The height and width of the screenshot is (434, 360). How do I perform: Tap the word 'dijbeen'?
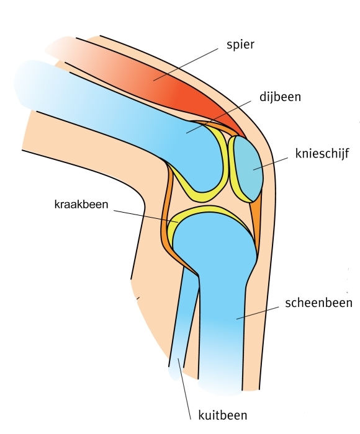click(280, 97)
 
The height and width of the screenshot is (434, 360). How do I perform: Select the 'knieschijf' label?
click(322, 153)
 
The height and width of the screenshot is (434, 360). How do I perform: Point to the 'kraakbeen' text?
click(81, 204)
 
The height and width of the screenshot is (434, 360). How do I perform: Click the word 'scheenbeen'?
click(318, 303)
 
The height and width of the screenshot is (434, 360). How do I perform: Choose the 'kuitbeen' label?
click(223, 415)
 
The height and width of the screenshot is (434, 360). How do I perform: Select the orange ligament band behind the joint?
click(166, 221)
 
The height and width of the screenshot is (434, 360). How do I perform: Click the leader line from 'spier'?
click(186, 64)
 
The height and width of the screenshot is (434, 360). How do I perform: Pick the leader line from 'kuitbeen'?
click(184, 389)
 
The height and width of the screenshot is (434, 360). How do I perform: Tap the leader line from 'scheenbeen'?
click(258, 312)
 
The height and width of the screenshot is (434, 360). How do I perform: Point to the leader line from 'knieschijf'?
click(271, 164)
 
